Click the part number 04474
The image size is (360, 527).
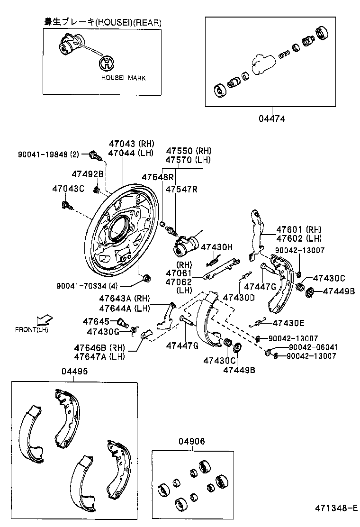coord(272,118)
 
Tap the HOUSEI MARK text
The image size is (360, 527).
coord(123,78)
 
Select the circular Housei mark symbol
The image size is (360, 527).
coord(108,63)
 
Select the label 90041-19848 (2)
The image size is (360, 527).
coord(49,154)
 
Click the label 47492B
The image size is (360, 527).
coord(88,174)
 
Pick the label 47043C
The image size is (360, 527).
coord(68,189)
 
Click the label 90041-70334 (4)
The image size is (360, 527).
coord(87,285)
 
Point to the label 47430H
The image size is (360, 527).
coord(217,247)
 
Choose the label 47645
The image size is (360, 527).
coord(96,321)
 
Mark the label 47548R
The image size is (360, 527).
coord(158,177)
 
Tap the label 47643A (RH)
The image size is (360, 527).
coord(124,299)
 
